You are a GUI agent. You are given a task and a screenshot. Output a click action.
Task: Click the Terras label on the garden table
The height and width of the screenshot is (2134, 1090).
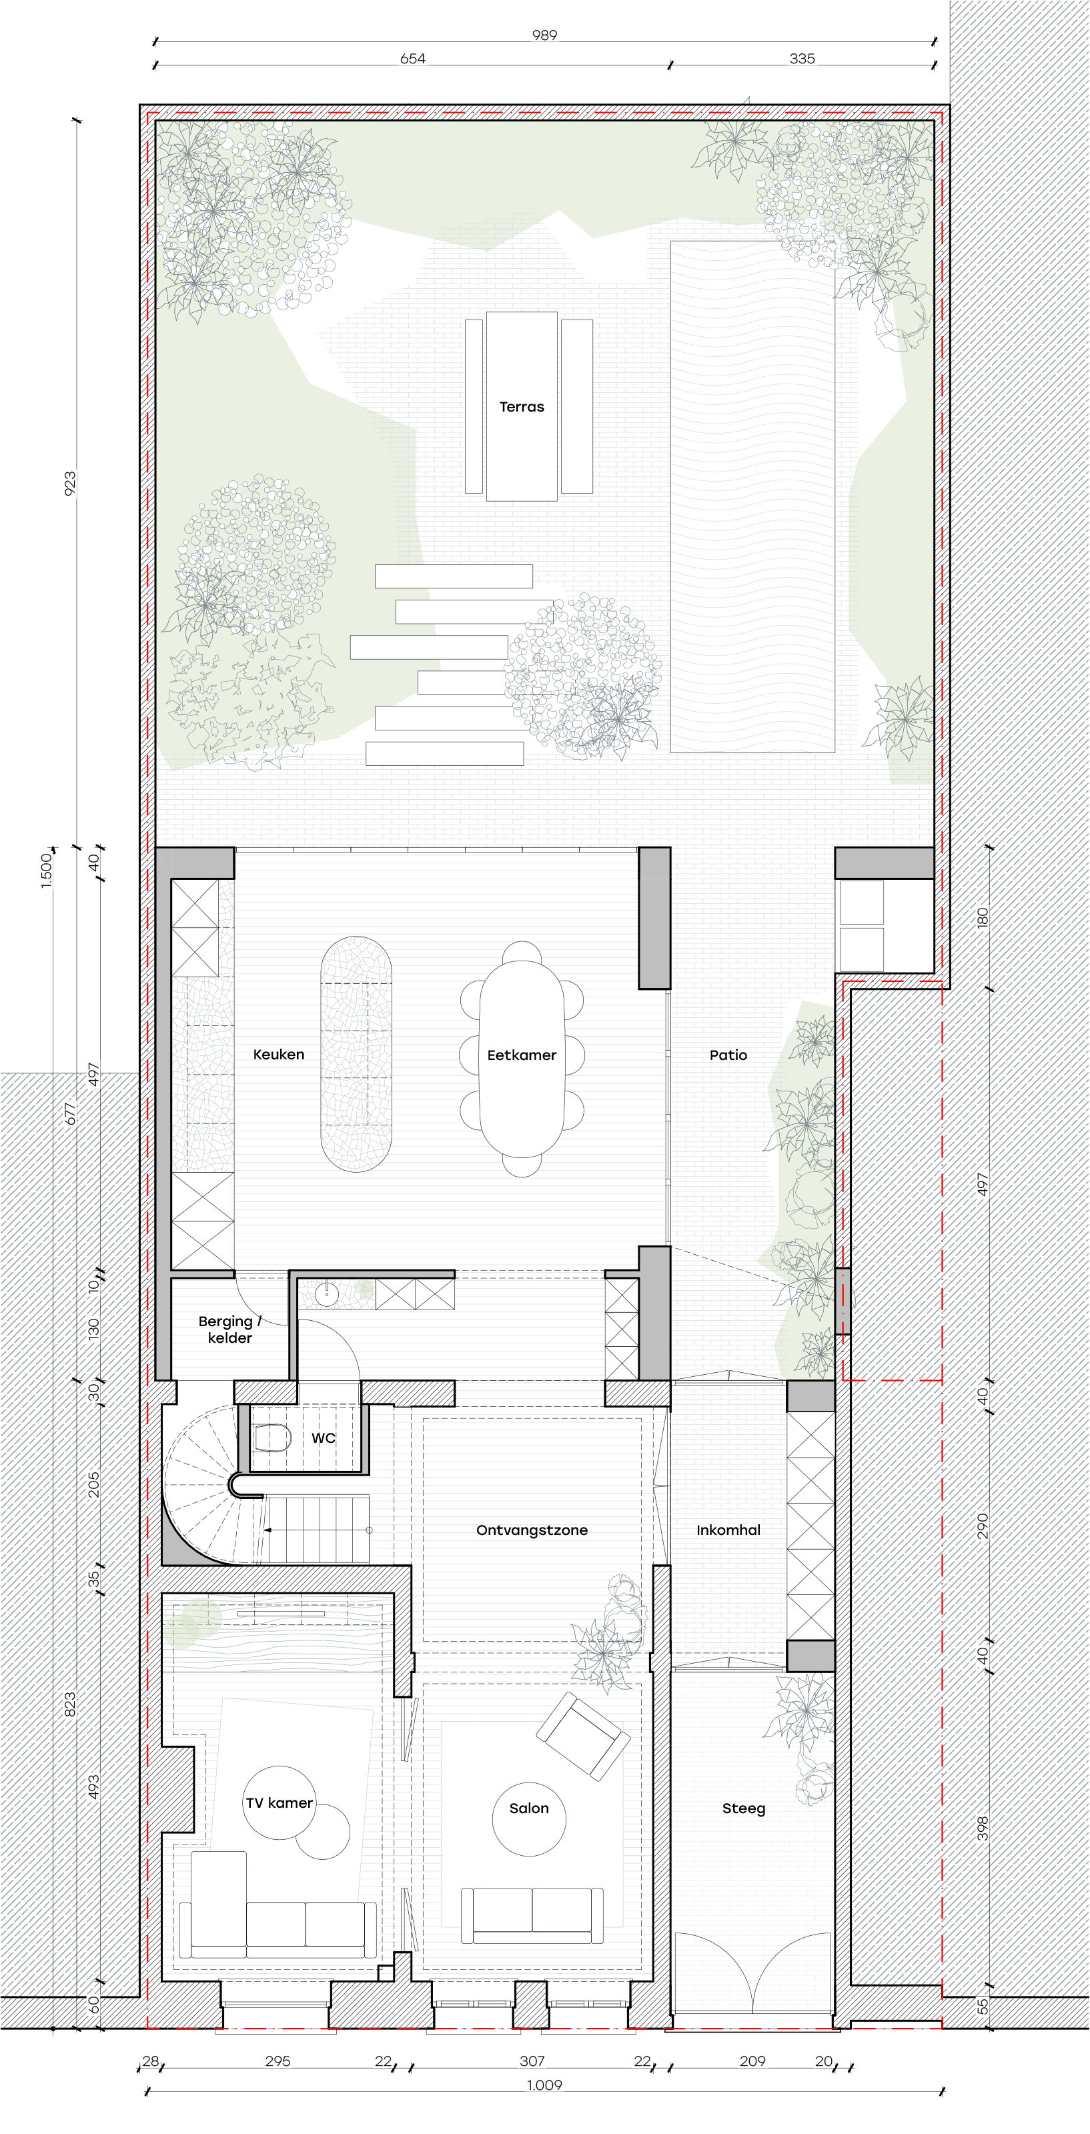pos(522,407)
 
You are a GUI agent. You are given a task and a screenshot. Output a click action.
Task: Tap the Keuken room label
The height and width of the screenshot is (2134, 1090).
pos(278,1055)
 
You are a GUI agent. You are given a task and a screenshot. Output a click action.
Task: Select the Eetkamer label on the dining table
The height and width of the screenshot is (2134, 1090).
pos(522,1055)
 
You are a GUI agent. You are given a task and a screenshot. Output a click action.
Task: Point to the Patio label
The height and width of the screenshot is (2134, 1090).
pos(728,1055)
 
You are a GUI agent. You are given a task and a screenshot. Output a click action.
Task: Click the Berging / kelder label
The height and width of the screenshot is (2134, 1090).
pos(229,1329)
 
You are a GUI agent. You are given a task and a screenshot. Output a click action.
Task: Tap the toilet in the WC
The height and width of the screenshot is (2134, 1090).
pos(272,1438)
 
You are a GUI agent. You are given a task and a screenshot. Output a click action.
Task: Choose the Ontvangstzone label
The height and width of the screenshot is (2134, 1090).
pos(532,1530)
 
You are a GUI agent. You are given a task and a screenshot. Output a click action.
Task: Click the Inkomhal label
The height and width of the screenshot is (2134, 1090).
pos(728,1530)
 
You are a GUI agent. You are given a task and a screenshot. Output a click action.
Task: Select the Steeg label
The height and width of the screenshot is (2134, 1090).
pos(744,1808)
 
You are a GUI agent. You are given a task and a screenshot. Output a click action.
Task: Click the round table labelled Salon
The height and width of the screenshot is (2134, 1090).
pos(529,1820)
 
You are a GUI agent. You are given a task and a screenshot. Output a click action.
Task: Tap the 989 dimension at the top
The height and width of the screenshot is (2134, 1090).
pos(544,35)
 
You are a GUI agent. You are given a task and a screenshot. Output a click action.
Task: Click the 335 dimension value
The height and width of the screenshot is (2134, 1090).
pos(802,59)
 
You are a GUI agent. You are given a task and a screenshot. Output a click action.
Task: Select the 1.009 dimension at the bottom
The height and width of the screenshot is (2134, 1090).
pos(544,2085)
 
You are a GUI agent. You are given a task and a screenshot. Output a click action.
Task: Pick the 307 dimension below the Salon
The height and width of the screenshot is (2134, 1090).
pos(532,2061)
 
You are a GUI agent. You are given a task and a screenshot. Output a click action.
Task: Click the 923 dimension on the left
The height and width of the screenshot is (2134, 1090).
pos(69,484)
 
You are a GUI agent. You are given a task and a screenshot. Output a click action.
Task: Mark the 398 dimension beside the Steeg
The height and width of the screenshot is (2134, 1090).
pos(983,1828)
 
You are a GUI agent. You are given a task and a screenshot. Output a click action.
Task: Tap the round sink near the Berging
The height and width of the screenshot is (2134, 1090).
pos(326,1295)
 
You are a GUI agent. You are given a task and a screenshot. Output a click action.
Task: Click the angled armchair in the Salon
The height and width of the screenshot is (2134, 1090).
pos(583,1736)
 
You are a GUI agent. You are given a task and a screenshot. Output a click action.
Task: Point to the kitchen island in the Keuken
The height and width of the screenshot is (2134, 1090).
pos(356,1054)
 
